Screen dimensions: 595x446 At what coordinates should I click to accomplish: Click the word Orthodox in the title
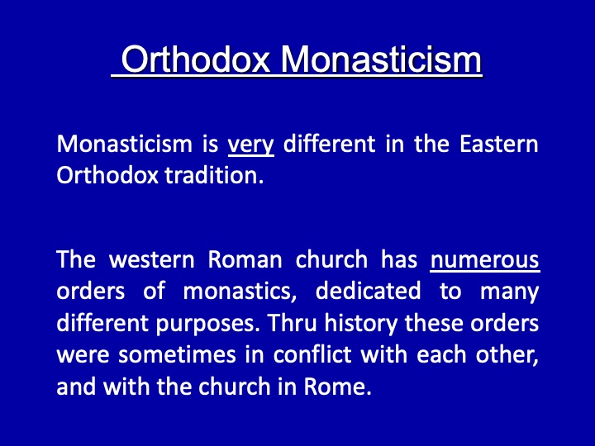[195, 59]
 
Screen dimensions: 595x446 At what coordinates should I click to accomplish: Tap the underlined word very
[251, 145]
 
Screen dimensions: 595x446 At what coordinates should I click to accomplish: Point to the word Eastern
[498, 144]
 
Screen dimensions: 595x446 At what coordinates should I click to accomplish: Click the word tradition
[214, 176]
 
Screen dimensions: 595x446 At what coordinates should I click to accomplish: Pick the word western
[152, 260]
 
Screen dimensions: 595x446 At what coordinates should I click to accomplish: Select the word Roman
[245, 259]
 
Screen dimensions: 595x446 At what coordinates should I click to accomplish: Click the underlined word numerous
[484, 260]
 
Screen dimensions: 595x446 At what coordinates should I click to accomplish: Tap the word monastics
[240, 292]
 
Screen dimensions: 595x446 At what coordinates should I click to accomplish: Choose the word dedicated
[368, 291]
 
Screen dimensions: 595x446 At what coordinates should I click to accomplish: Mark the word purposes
[208, 325]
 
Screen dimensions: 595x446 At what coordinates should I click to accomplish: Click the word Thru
[292, 323]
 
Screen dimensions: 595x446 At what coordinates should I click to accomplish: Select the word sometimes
[177, 354]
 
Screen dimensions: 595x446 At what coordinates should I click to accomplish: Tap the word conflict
[312, 354]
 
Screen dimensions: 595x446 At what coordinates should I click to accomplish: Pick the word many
[510, 292]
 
